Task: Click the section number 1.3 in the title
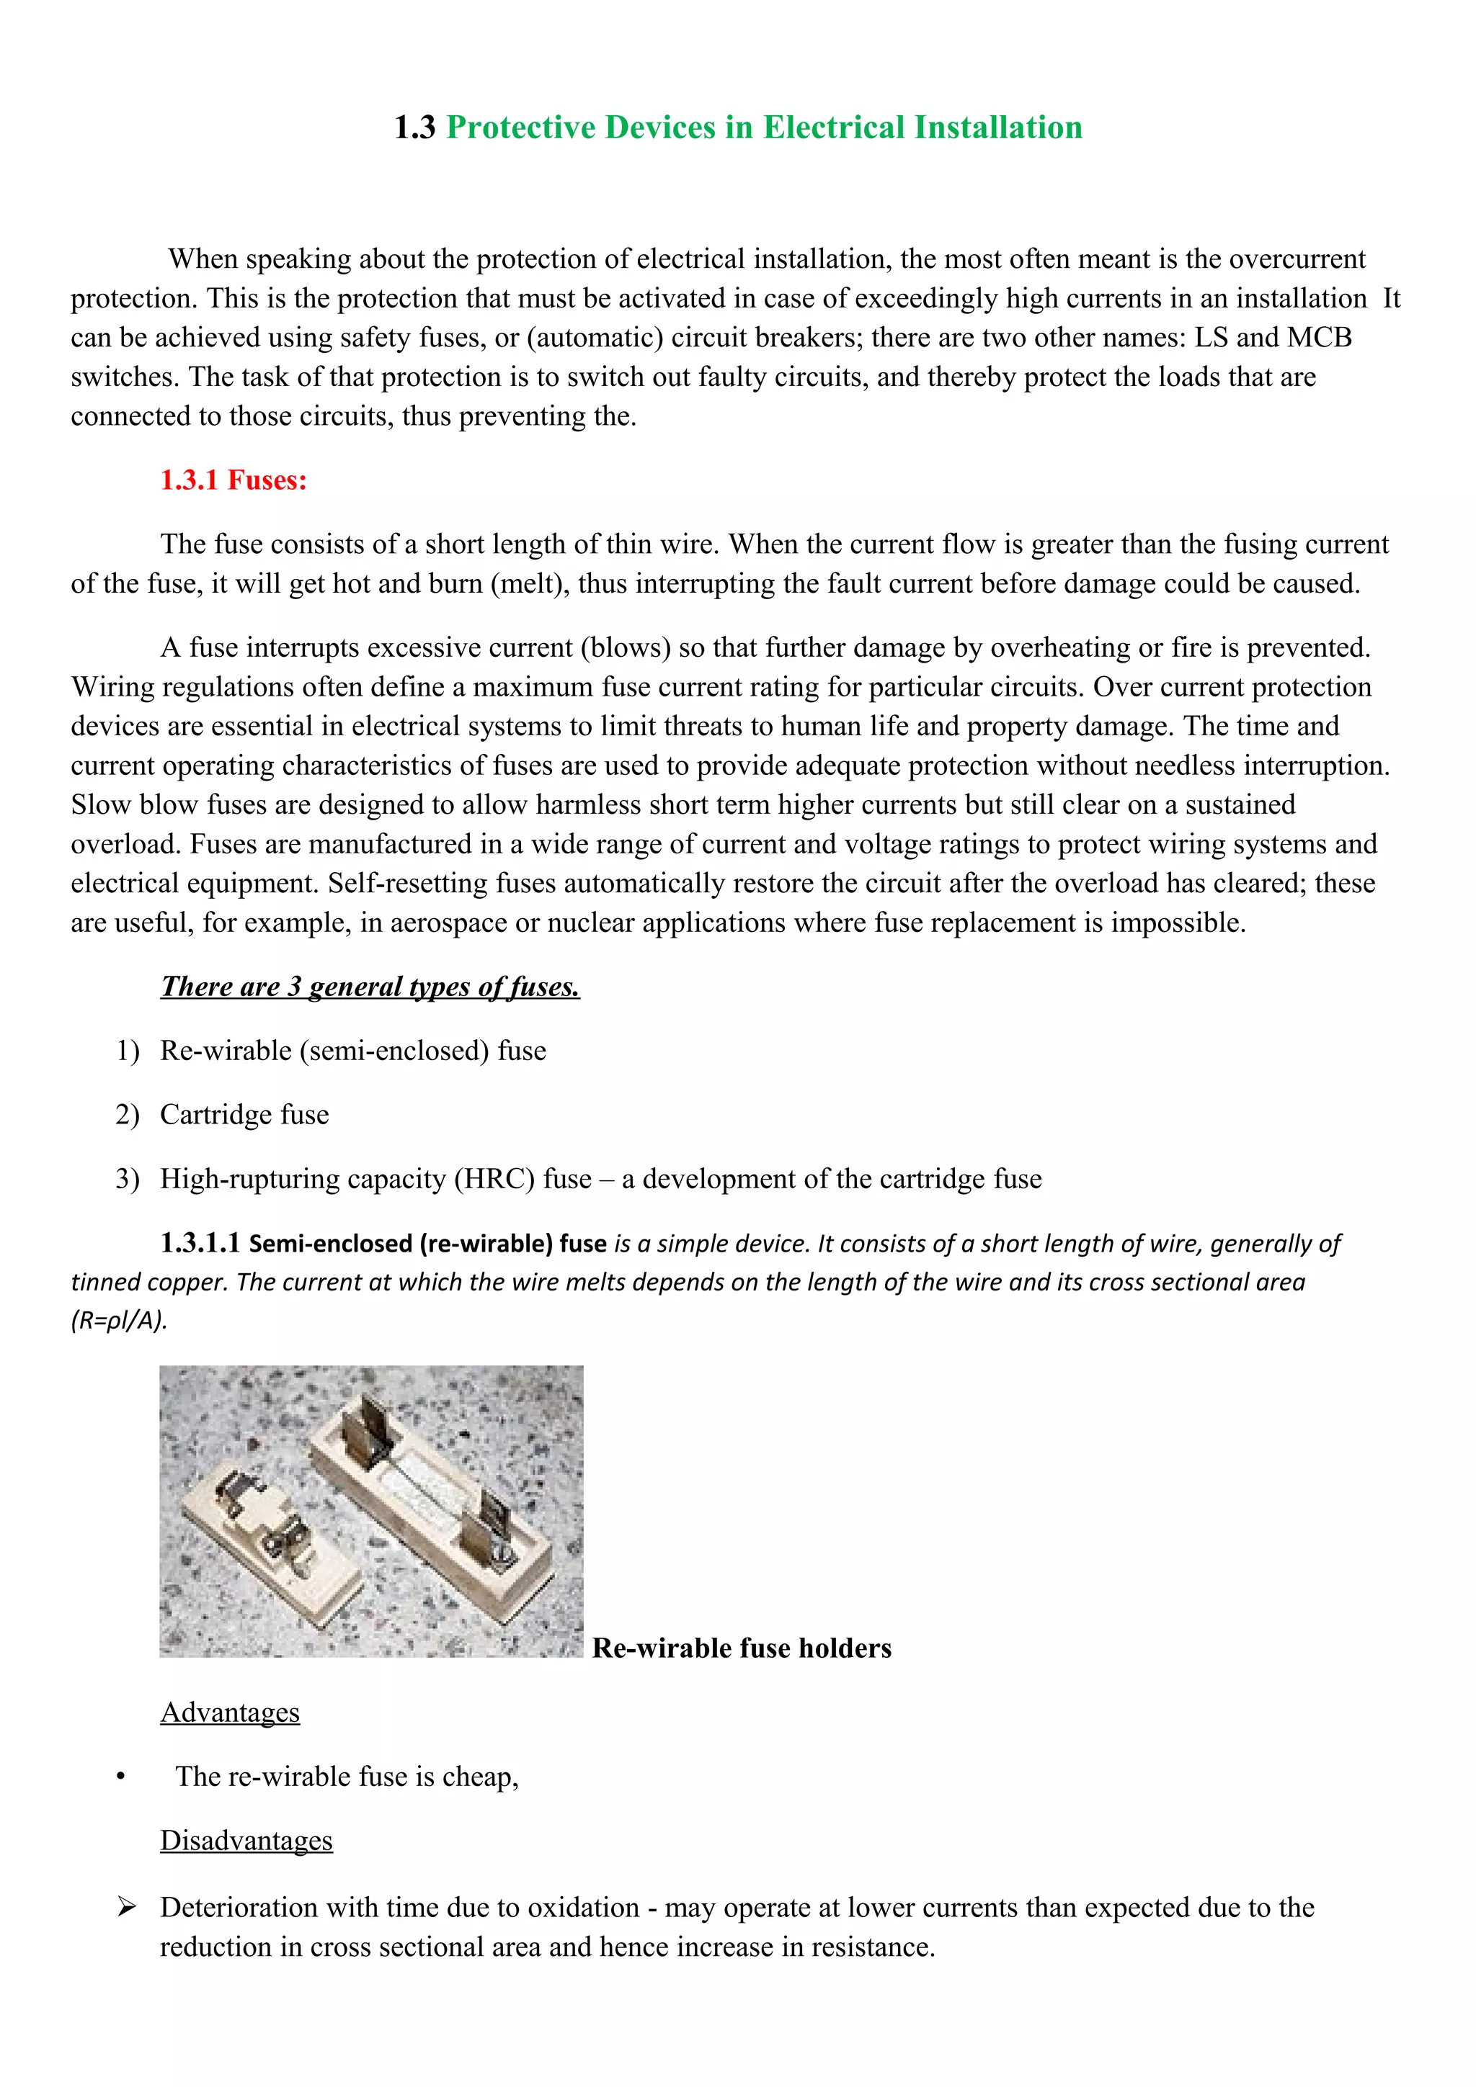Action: click(x=414, y=127)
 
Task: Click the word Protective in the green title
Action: click(x=521, y=127)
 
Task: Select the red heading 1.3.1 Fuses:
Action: click(x=234, y=480)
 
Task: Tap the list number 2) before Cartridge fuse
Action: click(x=128, y=1114)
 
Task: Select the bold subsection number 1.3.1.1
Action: click(x=200, y=1242)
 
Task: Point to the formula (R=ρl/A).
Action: click(x=119, y=1321)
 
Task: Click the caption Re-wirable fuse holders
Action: click(x=741, y=1648)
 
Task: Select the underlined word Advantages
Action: click(x=230, y=1713)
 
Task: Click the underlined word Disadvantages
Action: click(x=246, y=1841)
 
